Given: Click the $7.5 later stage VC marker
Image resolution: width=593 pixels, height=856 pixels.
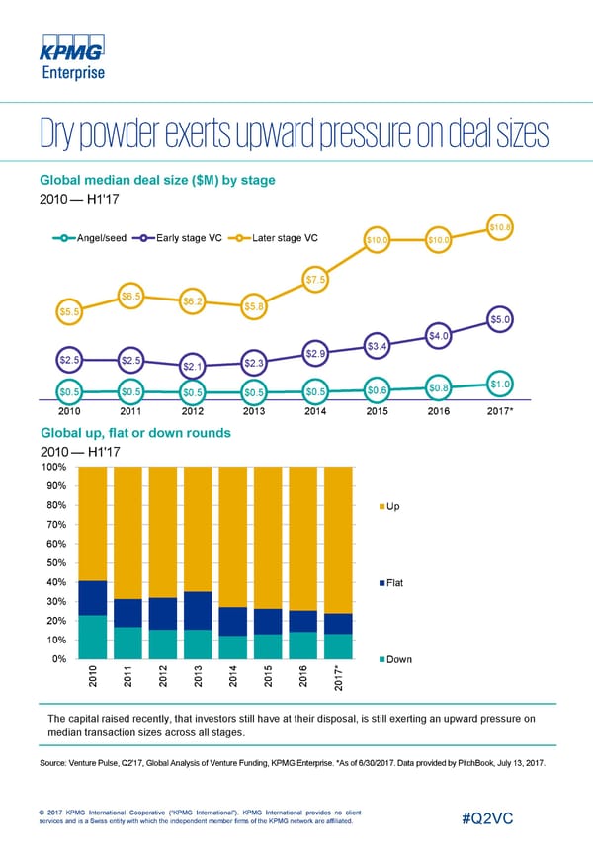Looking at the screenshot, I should coord(316,281).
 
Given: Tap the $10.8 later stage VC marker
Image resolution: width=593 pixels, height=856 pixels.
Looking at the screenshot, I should coord(501,229).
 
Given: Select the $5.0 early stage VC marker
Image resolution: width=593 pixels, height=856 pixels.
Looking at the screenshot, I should coord(501,319).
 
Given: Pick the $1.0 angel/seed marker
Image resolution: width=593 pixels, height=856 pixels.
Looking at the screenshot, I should coord(501,384).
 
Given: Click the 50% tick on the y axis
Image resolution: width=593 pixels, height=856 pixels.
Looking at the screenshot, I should coord(55,562).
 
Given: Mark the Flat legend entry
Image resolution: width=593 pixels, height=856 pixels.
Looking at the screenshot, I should coord(390,582).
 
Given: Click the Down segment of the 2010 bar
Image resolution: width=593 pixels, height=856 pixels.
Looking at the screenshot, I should coord(93,638).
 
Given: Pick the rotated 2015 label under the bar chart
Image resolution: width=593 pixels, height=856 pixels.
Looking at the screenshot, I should coord(268,681).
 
